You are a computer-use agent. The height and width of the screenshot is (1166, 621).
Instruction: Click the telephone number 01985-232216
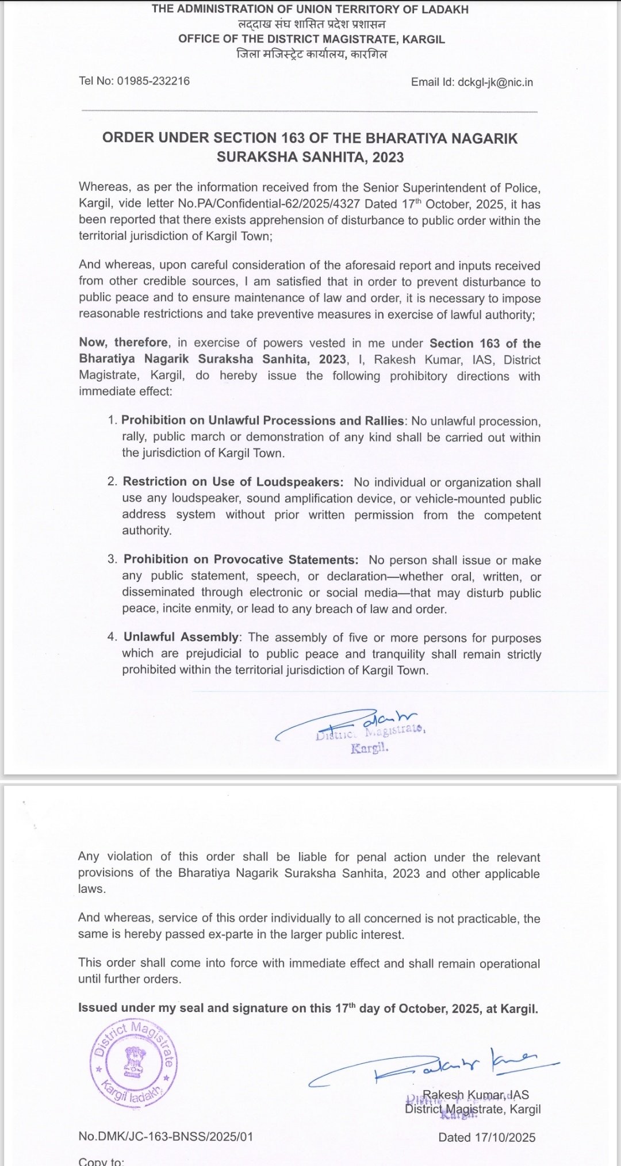[154, 81]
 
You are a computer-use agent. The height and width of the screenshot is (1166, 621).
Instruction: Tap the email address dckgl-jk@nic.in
[495, 82]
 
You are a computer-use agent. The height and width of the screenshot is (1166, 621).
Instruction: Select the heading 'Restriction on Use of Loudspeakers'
[233, 482]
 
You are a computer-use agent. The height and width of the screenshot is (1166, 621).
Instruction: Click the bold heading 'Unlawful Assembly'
[181, 637]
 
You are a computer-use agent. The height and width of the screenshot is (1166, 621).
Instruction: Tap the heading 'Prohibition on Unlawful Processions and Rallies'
[263, 420]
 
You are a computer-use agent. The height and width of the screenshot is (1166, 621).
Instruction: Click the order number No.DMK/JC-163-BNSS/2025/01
[166, 1137]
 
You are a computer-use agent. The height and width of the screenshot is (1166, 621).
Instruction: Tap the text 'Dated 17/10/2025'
[486, 1137]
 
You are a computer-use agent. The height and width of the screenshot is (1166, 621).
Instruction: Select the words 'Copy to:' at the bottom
[101, 1161]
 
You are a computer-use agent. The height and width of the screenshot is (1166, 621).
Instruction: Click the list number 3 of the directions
[112, 559]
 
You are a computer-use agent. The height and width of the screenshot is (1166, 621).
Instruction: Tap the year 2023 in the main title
[388, 157]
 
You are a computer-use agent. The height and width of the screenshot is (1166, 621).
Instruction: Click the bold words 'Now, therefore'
[124, 343]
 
